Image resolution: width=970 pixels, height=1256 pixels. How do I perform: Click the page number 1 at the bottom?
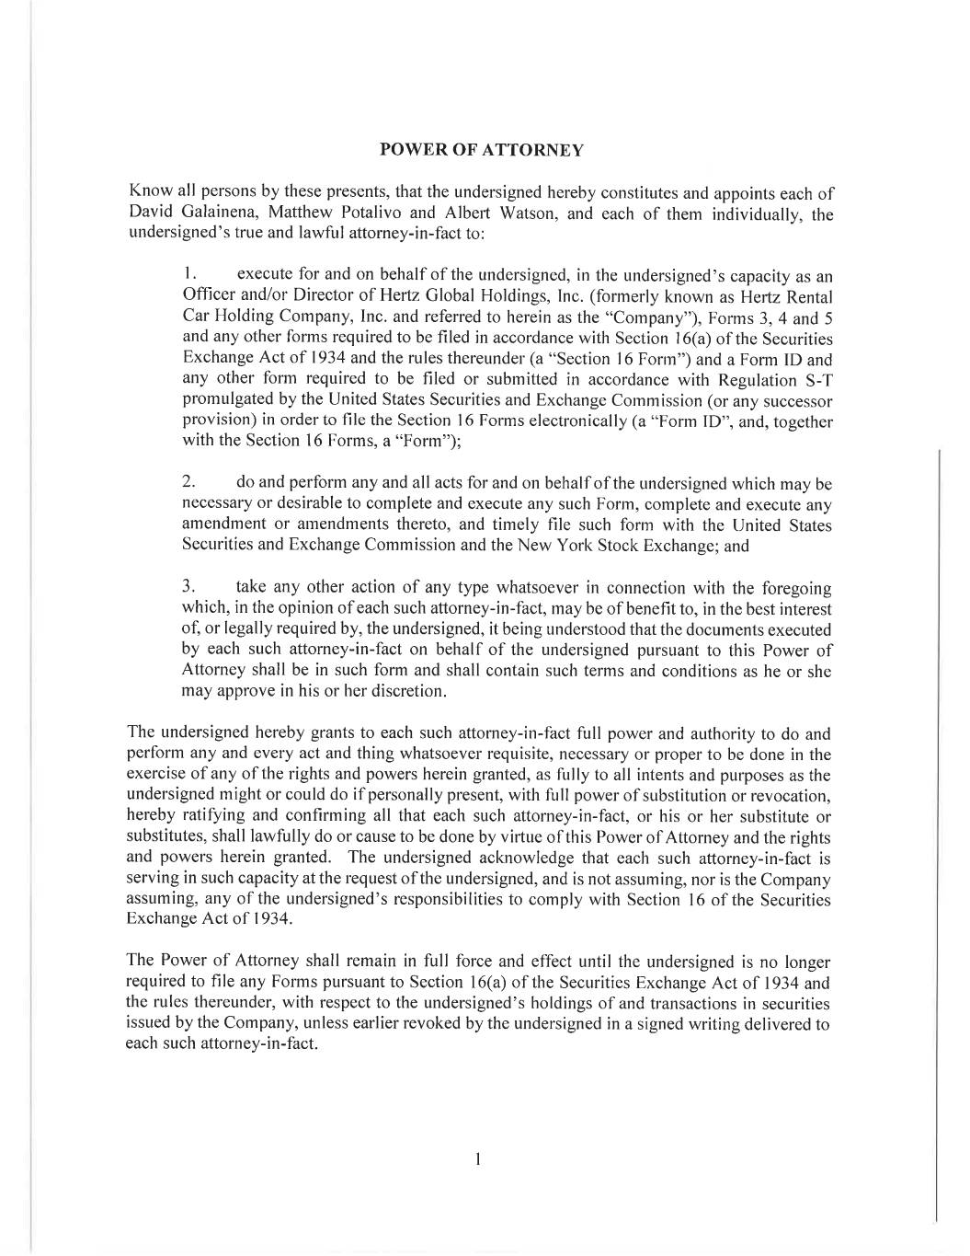tap(478, 1158)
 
